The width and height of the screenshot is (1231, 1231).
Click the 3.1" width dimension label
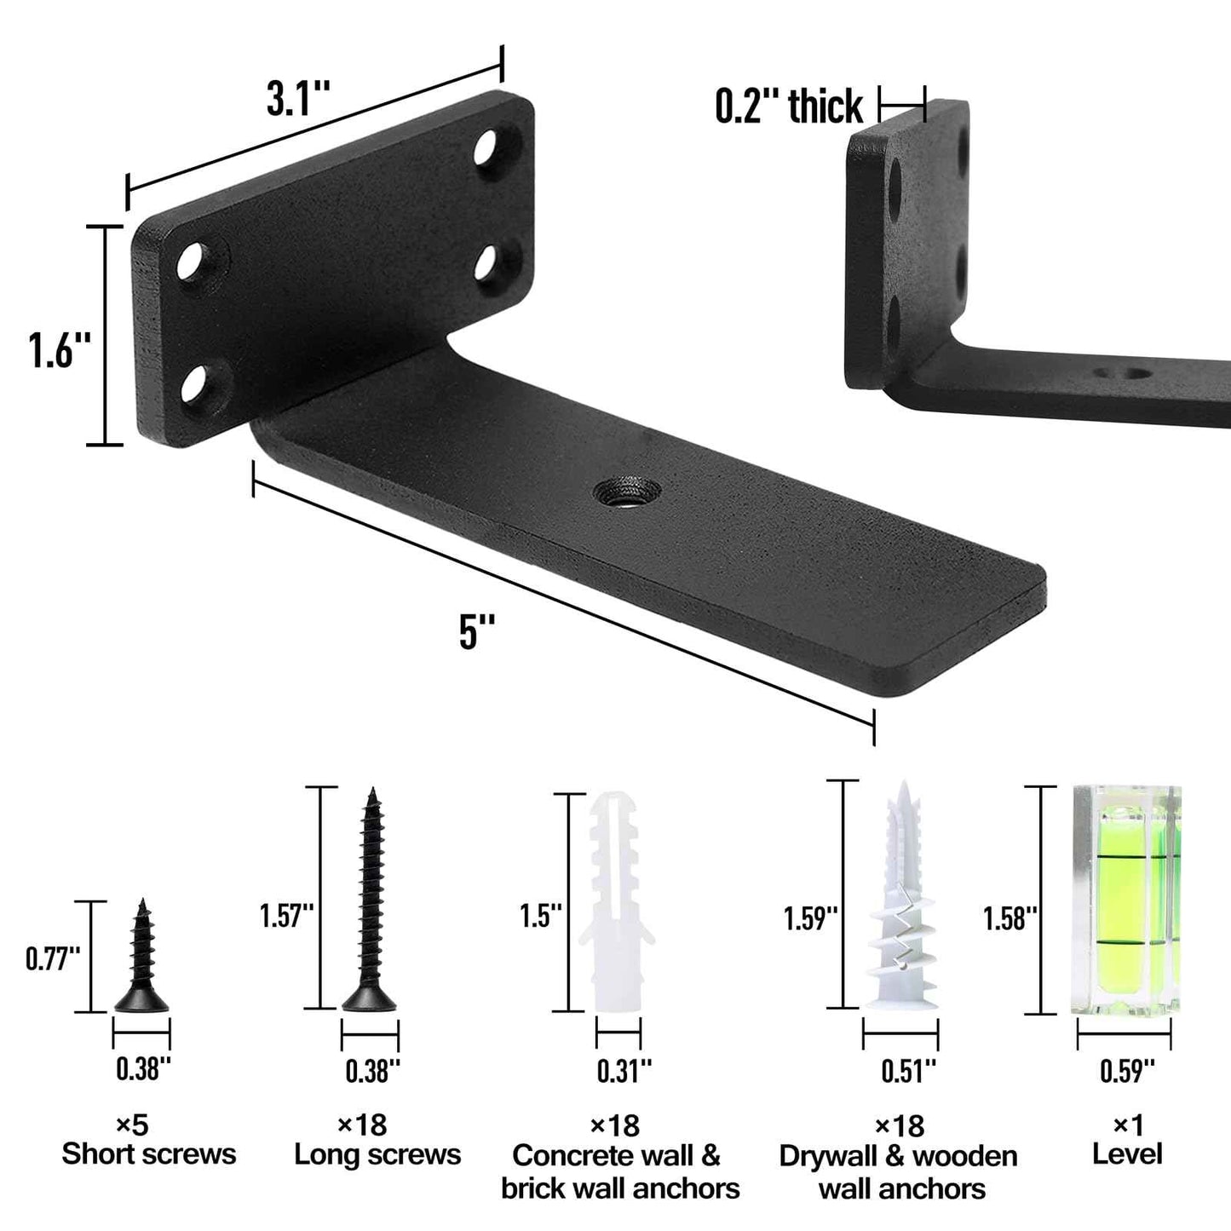coord(297,100)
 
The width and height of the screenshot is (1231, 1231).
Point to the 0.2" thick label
coord(789,107)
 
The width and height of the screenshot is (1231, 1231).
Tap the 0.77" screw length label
coord(53,958)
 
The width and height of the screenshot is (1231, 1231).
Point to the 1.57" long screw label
coord(287,917)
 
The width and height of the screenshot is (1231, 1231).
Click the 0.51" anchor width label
coord(908,1071)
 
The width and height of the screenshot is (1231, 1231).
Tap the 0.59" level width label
coord(1127,1071)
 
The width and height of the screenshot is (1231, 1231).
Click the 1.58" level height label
coord(1010,918)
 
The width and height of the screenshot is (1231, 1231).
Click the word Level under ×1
coord(1127,1155)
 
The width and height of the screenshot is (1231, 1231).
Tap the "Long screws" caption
coord(377,1155)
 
